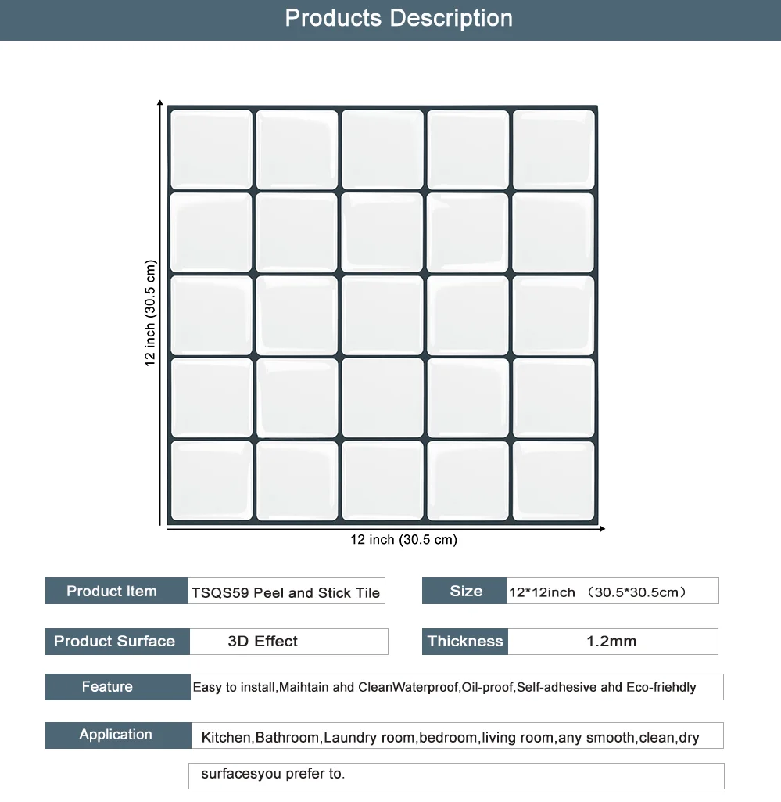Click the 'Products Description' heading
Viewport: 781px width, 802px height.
(399, 18)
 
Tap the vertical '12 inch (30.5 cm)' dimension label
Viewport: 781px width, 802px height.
(150, 313)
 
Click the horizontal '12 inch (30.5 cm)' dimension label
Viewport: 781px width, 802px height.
(403, 540)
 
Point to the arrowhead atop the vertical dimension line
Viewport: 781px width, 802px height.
(159, 103)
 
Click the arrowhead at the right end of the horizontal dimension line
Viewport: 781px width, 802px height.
(601, 529)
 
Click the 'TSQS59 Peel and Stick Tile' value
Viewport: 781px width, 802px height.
(286, 592)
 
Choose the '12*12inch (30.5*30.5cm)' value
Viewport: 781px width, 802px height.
(598, 592)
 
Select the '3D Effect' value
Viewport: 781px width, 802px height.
(263, 642)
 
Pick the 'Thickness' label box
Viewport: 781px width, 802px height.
(464, 641)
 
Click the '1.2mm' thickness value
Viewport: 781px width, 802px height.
(611, 642)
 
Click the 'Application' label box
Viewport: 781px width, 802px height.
(116, 735)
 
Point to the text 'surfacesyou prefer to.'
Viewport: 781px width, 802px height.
(273, 775)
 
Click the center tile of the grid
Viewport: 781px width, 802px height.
(382, 314)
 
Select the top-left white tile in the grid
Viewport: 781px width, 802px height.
(211, 149)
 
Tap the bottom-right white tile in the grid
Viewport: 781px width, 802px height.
(553, 480)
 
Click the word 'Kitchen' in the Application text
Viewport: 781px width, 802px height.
(226, 738)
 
